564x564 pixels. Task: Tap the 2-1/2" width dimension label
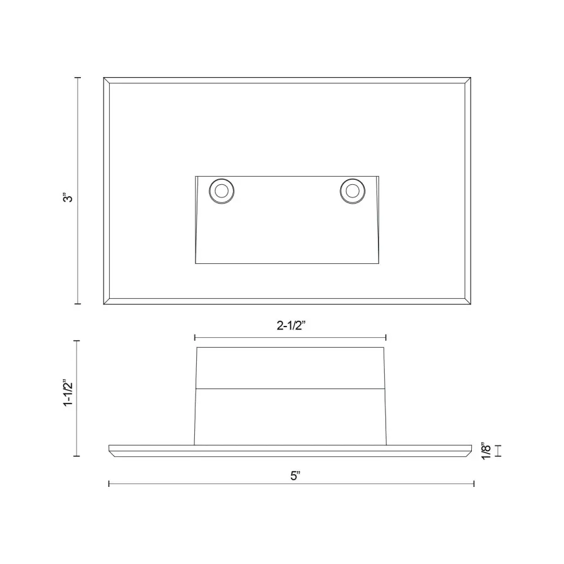coord(290,325)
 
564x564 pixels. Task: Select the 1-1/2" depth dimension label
coord(69,393)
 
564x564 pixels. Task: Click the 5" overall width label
coord(296,476)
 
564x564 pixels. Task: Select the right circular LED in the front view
coord(353,191)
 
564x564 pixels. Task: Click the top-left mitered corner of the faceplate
coord(107,80)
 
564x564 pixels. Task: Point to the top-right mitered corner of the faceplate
coord(467,80)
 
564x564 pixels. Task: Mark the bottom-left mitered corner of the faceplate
coord(107,302)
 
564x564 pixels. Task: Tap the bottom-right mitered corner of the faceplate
coord(467,302)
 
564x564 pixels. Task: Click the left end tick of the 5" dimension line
coord(109,483)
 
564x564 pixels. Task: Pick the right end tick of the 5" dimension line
coord(474,483)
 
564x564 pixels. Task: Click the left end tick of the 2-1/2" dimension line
coord(195,337)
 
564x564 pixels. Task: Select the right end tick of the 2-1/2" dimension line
coord(386,337)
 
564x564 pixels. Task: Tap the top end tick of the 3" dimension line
coord(78,77)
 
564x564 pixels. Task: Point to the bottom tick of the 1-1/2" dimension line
coord(78,456)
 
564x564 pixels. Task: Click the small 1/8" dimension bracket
coord(499,451)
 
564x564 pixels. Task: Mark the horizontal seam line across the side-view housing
coord(290,389)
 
